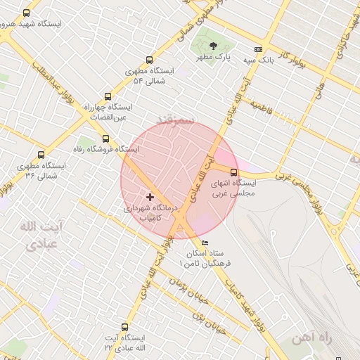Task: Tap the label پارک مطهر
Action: coord(214,56)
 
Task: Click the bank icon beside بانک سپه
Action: coord(258,49)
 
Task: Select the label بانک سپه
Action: coord(258,60)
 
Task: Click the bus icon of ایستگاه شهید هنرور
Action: coord(27,13)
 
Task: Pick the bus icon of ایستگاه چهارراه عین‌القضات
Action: coord(108,96)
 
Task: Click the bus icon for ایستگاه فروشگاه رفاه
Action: coord(105,139)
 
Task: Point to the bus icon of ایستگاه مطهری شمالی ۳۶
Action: coord(41,155)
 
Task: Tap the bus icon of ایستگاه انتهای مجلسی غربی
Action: coord(234,172)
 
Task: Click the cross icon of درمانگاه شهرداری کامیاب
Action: coord(150,197)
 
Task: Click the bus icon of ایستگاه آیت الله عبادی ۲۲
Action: coord(125,327)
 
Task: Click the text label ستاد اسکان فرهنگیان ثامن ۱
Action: coord(210,258)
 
